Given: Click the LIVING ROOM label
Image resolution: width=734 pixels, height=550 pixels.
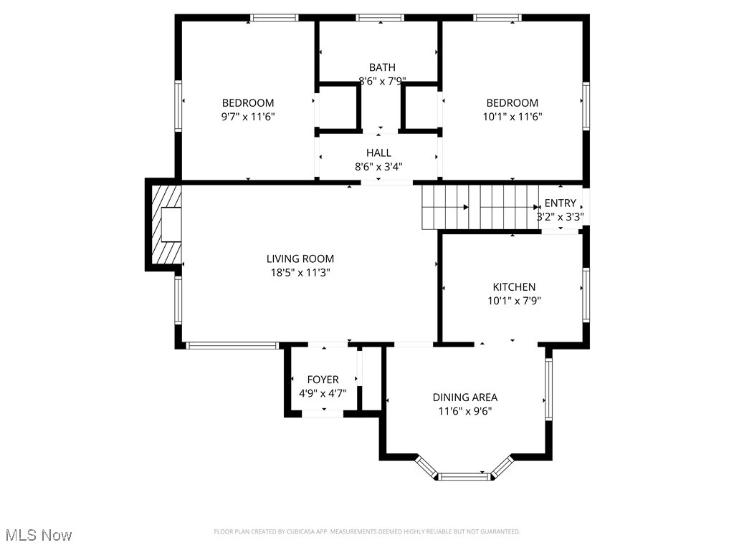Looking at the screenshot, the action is [x=300, y=259].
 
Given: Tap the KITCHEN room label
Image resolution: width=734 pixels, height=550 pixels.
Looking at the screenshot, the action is [x=514, y=286].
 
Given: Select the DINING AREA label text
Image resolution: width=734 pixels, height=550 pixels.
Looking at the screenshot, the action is [x=464, y=397].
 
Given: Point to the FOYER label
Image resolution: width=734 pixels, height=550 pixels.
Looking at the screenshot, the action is [x=323, y=380].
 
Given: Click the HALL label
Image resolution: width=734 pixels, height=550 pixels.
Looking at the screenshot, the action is [x=378, y=153].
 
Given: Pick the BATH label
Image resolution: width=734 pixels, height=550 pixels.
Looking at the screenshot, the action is [x=382, y=67].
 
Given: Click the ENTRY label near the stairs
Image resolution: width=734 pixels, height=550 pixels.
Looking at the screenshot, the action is [x=561, y=203].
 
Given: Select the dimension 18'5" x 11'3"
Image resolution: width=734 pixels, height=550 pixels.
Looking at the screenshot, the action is [x=300, y=272].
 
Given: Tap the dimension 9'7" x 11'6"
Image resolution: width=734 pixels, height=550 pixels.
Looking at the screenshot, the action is [x=248, y=117].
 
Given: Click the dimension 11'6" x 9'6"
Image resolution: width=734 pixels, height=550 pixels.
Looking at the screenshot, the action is [x=464, y=411].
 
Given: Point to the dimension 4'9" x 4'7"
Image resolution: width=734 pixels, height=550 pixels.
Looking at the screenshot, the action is [x=323, y=393].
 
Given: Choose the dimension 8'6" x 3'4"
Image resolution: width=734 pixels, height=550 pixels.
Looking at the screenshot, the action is [x=378, y=166].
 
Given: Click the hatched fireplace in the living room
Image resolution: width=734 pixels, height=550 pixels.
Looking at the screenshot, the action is [x=166, y=224].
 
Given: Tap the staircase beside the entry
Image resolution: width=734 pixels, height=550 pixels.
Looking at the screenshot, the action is [x=480, y=207].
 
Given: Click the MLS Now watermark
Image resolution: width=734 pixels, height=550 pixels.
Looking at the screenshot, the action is [x=39, y=535].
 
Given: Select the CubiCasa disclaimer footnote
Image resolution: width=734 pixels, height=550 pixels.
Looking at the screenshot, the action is [x=367, y=531].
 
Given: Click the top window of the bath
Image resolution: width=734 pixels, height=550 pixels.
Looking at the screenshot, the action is [x=380, y=18].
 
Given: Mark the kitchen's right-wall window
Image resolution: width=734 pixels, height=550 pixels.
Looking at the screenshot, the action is [x=586, y=295].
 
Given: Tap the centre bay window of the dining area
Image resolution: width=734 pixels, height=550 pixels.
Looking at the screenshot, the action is [x=465, y=476].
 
